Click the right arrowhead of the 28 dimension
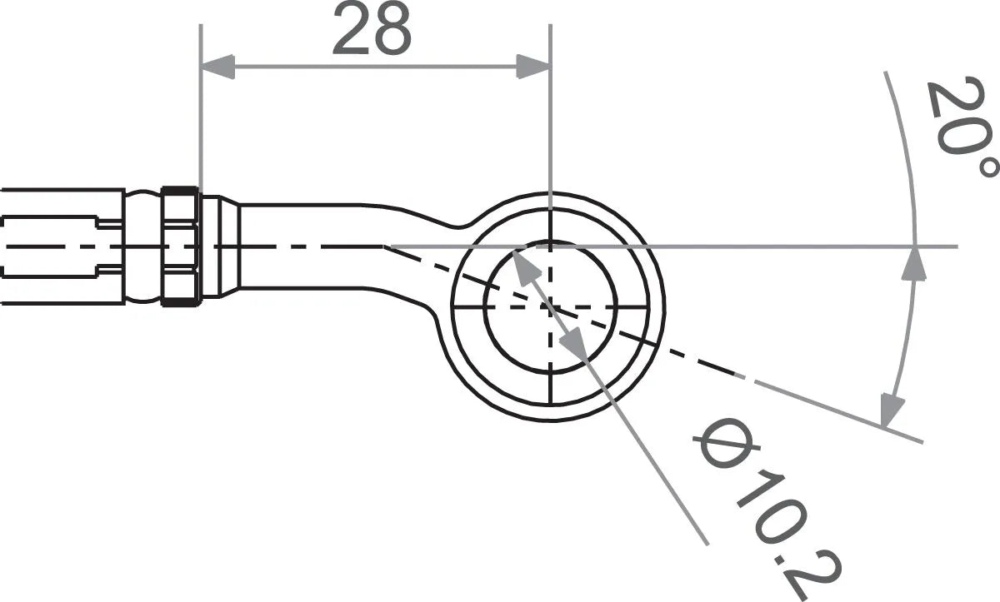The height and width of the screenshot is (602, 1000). tap(533, 67)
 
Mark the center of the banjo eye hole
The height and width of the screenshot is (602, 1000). tap(550, 306)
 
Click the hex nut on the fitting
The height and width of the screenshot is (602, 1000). tap(181, 246)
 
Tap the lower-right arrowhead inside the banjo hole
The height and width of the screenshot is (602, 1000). tap(574, 341)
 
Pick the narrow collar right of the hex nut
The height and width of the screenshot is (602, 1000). tap(211, 246)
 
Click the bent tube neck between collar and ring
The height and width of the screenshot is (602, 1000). tap(333, 246)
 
